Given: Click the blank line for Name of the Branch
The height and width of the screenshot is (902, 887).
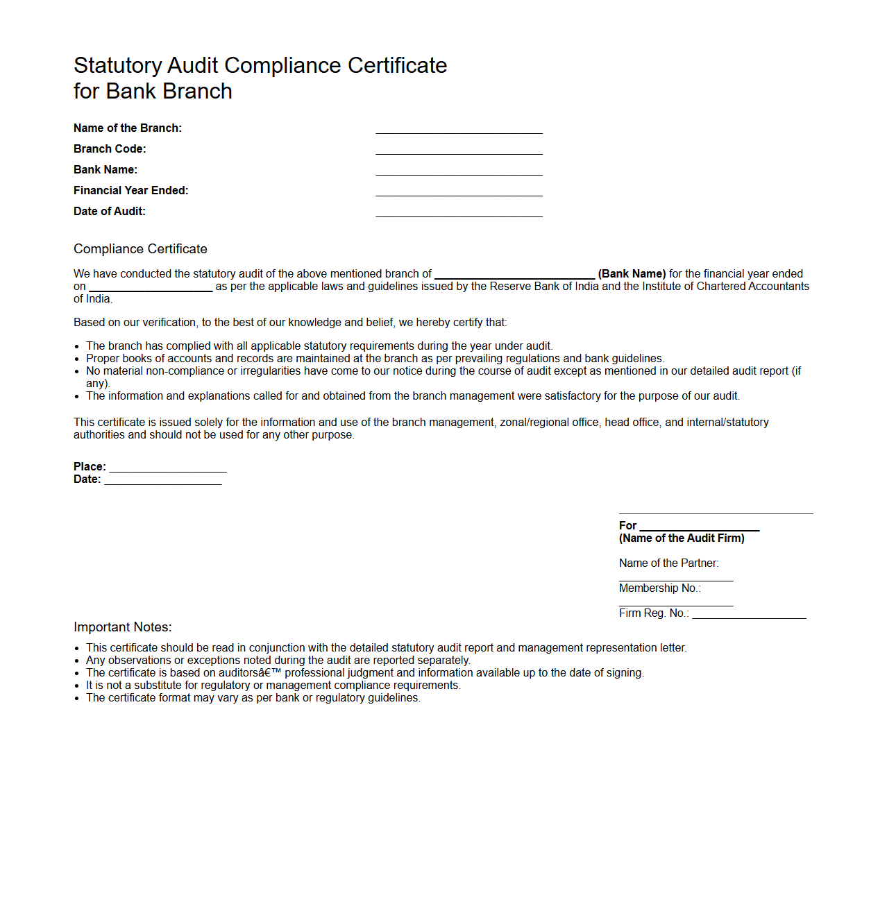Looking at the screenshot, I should coord(459,132).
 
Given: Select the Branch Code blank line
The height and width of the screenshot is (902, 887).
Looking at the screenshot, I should coord(459,153).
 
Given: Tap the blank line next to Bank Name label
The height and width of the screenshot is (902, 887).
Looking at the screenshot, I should coord(459,173).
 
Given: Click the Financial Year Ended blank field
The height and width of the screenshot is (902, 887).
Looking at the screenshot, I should coord(459,194).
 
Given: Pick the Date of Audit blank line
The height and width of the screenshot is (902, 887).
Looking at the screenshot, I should coord(459,215).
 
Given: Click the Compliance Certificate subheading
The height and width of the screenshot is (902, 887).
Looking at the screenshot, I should coord(140,249).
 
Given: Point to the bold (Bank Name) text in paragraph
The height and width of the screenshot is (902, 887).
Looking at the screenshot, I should coord(632,274).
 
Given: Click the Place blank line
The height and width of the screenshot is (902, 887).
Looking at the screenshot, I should coord(168,470).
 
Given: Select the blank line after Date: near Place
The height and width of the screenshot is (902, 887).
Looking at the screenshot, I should coord(163,483).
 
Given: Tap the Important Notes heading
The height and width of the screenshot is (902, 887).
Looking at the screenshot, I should coord(122,627).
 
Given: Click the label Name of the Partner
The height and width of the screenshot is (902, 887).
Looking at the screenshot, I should coord(668,563).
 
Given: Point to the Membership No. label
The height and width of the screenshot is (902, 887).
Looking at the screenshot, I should coord(659,588).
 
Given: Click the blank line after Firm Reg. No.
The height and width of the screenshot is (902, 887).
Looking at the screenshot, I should coord(749,616).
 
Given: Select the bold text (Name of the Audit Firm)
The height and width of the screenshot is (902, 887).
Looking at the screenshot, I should coord(682,538).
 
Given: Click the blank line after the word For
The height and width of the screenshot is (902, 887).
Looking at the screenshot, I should coord(700,529).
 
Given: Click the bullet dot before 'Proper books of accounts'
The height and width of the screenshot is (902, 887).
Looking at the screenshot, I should coord(77,359).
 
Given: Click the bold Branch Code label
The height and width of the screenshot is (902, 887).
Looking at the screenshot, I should coord(110,149).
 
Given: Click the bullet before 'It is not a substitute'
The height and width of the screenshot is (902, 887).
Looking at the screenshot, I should coord(77,686).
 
